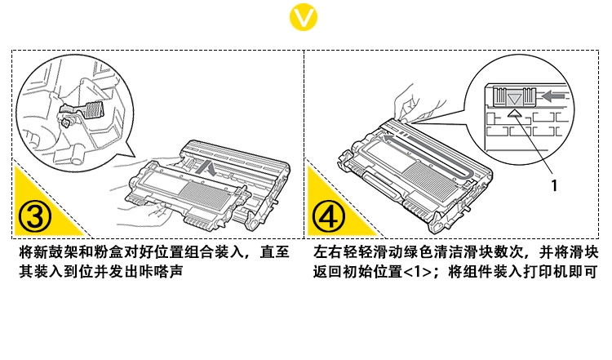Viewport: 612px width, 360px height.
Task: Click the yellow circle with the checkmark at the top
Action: pyautogui.click(x=306, y=17)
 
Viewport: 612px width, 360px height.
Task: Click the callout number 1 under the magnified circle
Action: pyautogui.click(x=554, y=185)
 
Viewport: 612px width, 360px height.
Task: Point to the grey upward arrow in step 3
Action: pyautogui.click(x=210, y=170)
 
